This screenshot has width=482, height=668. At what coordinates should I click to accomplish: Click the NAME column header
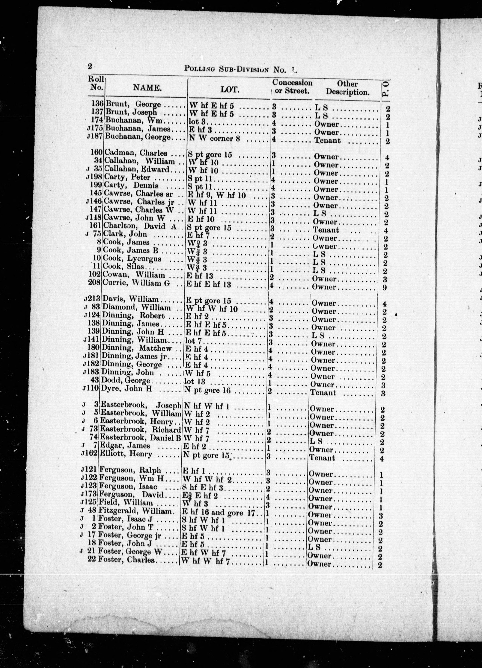tap(147, 88)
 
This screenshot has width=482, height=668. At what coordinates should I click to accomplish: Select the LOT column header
tap(230, 89)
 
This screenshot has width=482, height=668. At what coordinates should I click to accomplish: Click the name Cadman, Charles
tap(136, 153)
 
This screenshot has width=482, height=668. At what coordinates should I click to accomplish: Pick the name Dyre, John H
tap(126, 389)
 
